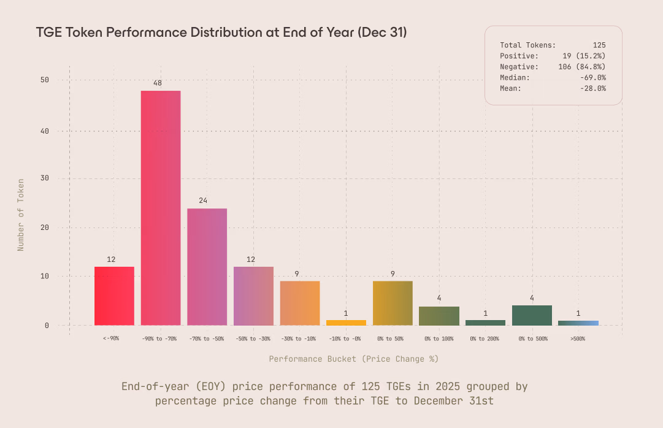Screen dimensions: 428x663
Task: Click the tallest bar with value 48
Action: point(161,207)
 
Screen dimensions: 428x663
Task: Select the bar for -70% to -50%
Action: point(207,267)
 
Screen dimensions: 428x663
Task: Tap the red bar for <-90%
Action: point(114,296)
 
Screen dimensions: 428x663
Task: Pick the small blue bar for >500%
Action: point(578,323)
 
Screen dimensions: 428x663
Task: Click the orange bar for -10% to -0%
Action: point(346,322)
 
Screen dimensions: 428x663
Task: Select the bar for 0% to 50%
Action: point(393,303)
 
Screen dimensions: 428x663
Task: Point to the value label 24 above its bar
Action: point(204,201)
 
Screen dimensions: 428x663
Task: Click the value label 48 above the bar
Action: point(158,83)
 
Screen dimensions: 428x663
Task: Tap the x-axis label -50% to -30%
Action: point(253,338)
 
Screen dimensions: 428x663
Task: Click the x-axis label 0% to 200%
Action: point(485,338)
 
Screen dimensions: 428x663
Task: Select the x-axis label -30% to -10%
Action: point(299,338)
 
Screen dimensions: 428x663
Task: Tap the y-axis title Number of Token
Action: point(21,215)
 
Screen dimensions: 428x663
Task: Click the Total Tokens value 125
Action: point(599,45)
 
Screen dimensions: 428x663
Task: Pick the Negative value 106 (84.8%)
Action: point(582,66)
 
